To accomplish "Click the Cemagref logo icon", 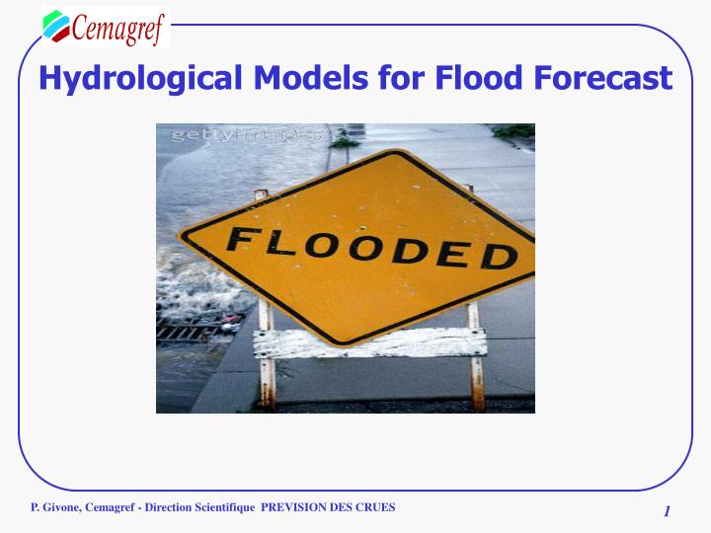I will coord(57,26).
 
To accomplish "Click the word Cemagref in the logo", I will coord(118,27).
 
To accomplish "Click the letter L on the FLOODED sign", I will coord(277,240).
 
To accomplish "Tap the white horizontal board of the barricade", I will coord(366,343).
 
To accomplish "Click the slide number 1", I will coord(667,510).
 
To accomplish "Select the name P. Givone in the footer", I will coord(55,507).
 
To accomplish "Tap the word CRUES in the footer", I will coord(375,507).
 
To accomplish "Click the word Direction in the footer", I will coord(166,507).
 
